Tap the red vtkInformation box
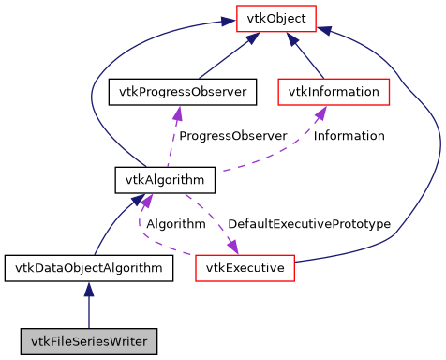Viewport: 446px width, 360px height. coord(334,92)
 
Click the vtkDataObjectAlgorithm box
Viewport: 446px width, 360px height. coord(89,268)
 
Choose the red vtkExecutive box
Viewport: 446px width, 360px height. coord(245,268)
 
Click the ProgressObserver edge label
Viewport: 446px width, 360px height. coord(232,136)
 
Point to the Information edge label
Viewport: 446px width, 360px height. coord(349,136)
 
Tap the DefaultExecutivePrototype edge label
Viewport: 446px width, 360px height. coord(308,224)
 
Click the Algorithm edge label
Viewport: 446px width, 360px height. coord(175,224)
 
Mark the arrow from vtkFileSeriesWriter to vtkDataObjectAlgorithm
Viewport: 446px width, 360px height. coord(89,304)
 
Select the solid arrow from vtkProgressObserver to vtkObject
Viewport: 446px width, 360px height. coord(225,57)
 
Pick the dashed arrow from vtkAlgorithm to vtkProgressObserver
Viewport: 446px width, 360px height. coord(173,141)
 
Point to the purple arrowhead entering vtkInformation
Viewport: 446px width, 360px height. coord(320,112)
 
